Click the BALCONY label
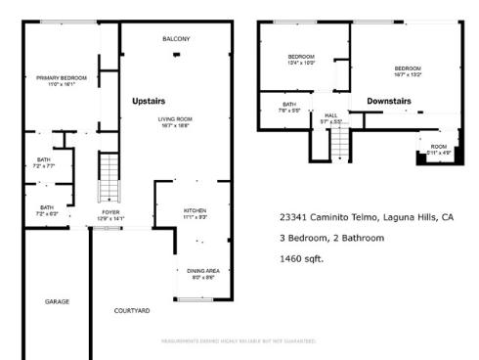pos(176,39)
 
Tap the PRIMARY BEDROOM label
pos(62,77)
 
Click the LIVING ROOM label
pos(176,119)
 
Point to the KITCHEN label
pos(196,210)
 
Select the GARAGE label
pos(57,301)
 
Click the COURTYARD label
pos(132,310)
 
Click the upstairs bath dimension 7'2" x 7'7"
pos(45,166)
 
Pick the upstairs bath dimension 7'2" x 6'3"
pos(47,212)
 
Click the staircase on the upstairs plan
pos(109,178)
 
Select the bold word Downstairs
pos(388,101)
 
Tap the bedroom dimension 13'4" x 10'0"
pos(301,63)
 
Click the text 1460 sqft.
pos(301,259)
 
